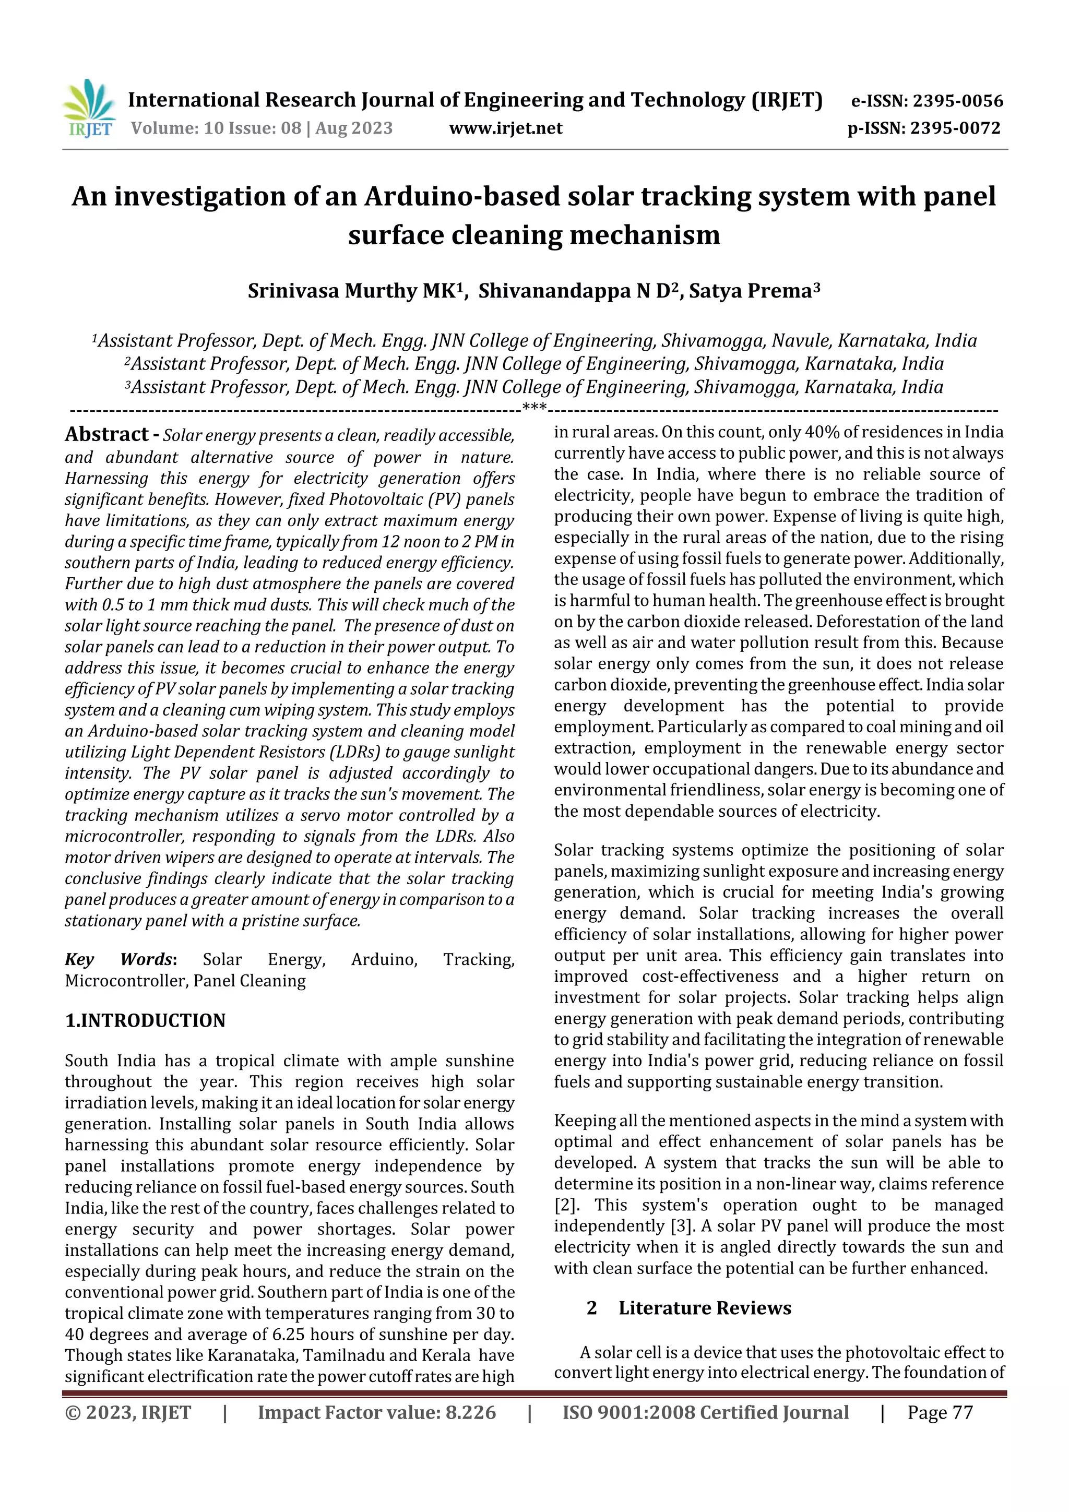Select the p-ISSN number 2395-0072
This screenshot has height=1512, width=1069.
click(x=956, y=128)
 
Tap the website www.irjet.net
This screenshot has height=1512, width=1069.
click(x=505, y=128)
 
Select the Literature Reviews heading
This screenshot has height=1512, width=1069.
click(x=704, y=1307)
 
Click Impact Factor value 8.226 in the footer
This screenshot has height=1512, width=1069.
click(x=376, y=1412)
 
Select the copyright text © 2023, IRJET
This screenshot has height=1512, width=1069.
click(x=128, y=1412)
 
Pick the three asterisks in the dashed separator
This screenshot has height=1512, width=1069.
click(x=534, y=408)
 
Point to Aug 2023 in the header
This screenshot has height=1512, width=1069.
click(x=354, y=128)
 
